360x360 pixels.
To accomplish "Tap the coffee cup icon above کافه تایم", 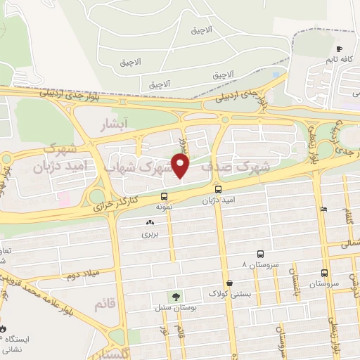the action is click(x=339, y=49).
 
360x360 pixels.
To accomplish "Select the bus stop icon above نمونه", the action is click(x=164, y=197).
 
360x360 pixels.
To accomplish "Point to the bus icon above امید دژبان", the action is click(x=217, y=190).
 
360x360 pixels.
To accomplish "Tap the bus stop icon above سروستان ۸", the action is click(x=261, y=254).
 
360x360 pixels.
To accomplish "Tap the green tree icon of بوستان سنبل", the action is click(x=173, y=297).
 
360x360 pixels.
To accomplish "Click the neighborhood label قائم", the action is click(x=104, y=304).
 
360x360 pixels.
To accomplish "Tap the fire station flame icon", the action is click(x=4, y=328).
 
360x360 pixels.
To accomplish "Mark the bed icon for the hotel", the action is click(x=323, y=209).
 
